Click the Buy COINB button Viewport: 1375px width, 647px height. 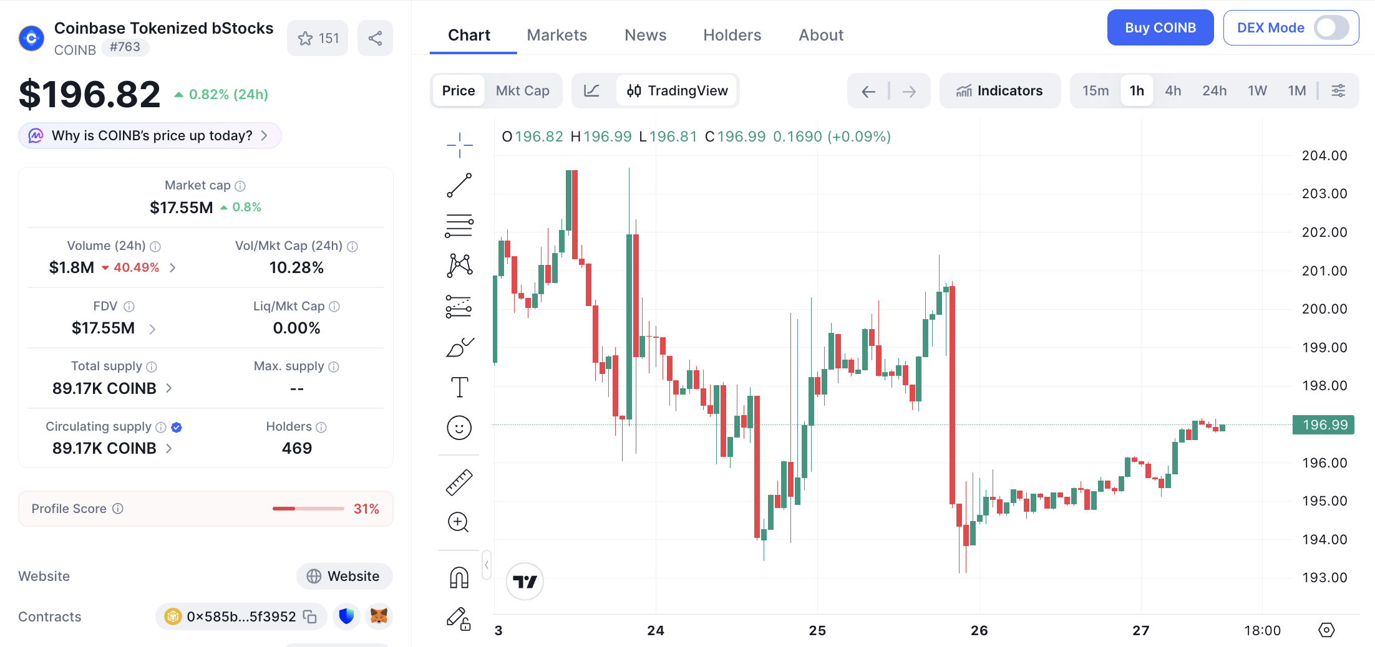click(x=1160, y=27)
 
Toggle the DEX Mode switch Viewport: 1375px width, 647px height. click(x=1331, y=27)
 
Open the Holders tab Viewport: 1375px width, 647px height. click(x=732, y=35)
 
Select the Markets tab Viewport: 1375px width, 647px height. click(x=556, y=35)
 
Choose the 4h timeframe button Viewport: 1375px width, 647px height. click(x=1173, y=90)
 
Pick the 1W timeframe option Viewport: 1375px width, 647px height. click(x=1257, y=90)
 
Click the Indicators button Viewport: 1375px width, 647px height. click(x=999, y=90)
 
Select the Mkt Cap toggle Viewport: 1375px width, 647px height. click(x=522, y=90)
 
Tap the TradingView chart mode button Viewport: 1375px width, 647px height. click(x=677, y=90)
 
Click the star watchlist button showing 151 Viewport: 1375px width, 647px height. click(x=318, y=38)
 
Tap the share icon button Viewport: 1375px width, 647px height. click(x=375, y=38)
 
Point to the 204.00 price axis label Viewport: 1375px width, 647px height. click(x=1324, y=155)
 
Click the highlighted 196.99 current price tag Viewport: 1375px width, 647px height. click(x=1323, y=424)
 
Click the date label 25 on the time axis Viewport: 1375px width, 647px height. click(x=817, y=630)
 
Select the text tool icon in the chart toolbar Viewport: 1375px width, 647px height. click(x=459, y=387)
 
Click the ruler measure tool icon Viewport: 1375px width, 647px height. click(x=459, y=482)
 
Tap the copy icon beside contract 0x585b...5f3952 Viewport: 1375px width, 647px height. click(x=310, y=616)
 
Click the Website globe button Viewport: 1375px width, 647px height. click(x=344, y=576)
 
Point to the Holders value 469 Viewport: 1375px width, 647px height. click(x=296, y=448)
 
